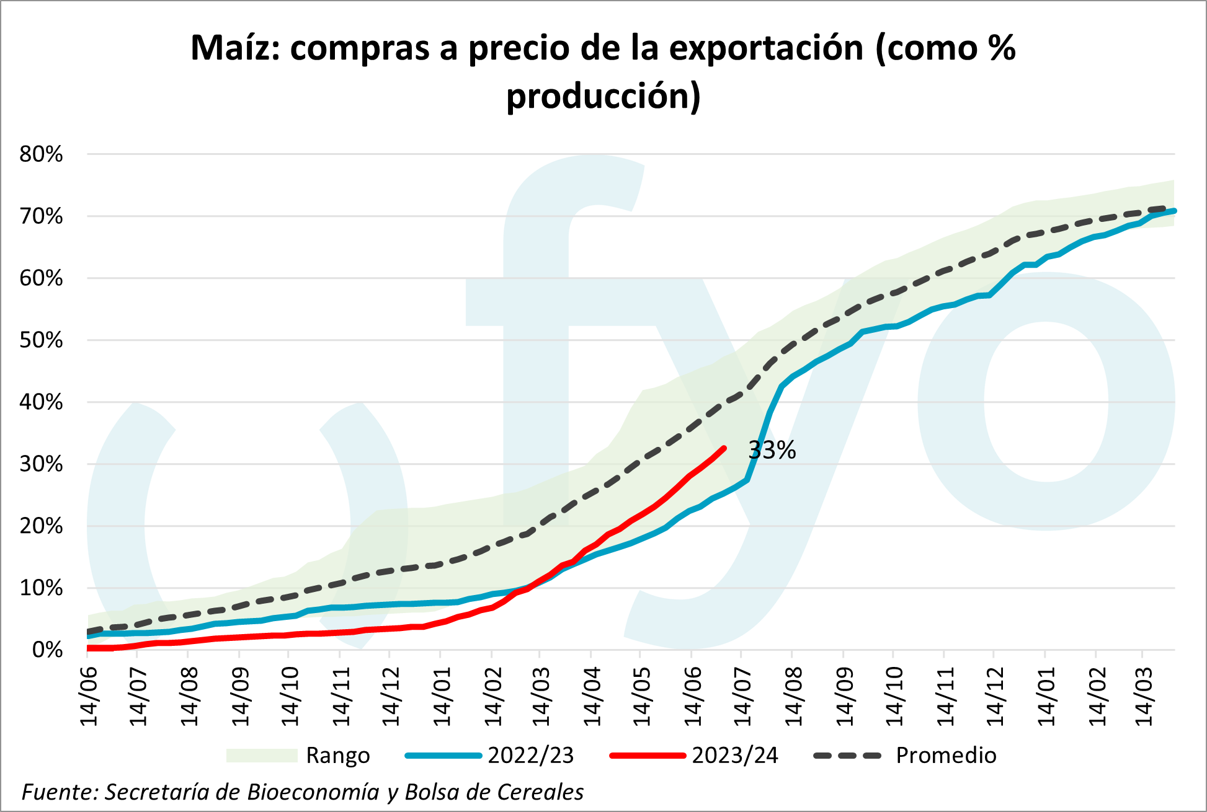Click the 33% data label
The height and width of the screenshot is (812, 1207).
point(772,450)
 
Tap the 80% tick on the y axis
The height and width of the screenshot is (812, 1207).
point(42,154)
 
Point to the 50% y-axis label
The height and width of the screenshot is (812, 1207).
point(42,340)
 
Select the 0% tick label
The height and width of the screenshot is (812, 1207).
point(47,650)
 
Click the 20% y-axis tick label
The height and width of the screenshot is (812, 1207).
point(42,526)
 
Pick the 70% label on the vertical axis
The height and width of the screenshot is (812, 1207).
point(42,216)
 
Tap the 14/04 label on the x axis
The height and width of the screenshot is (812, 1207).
point(592,696)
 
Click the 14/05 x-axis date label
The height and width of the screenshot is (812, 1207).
point(642,696)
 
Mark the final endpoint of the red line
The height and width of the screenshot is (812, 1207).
point(724,448)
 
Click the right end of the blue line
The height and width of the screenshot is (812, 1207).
point(1174,211)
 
